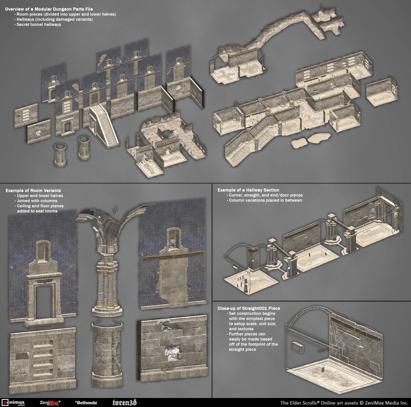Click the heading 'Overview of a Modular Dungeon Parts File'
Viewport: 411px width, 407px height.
(49, 9)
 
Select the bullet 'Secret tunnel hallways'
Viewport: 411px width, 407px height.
(39, 24)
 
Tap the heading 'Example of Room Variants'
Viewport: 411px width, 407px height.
(33, 190)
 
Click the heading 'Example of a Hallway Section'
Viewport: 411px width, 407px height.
(248, 190)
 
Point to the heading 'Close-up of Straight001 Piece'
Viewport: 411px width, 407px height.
(248, 308)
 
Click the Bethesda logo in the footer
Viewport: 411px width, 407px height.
(86, 403)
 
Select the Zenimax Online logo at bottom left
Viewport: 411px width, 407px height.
(13, 402)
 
